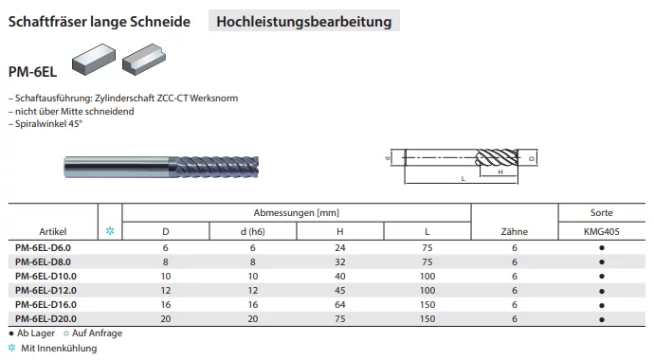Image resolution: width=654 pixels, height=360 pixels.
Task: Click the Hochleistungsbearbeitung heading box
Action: tap(304, 21)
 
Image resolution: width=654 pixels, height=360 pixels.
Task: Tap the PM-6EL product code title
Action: tap(32, 72)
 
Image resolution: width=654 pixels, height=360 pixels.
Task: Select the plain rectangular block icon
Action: tap(94, 59)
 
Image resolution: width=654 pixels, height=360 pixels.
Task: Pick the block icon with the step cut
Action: tap(144, 59)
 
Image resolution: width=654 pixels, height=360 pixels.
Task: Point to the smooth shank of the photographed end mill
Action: tap(117, 167)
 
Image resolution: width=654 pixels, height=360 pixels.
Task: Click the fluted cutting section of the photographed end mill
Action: tap(214, 167)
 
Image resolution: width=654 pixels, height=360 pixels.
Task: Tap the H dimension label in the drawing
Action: tap(500, 171)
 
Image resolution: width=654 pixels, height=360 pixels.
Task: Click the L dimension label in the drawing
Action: tap(463, 178)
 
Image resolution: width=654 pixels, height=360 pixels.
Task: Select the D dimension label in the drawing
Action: tap(532, 158)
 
